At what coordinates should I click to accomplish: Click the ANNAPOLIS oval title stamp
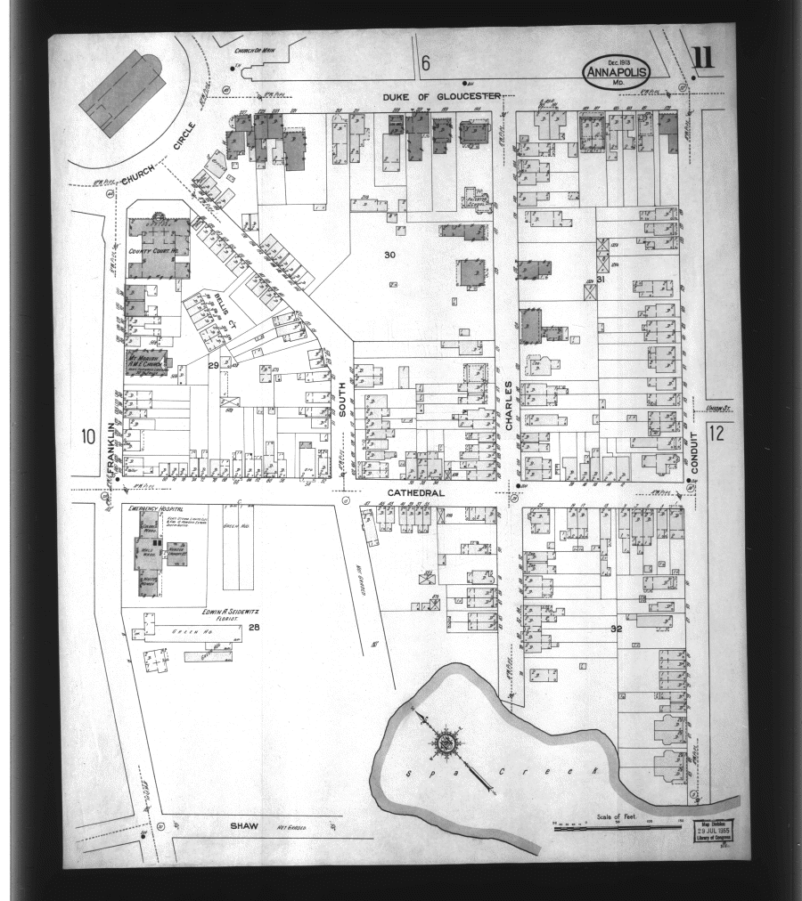click(x=618, y=69)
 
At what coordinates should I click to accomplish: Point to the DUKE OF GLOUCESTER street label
click(x=442, y=96)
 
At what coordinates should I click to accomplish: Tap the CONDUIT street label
click(x=695, y=453)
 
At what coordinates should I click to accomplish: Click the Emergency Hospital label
click(x=149, y=508)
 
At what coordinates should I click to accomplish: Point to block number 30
click(x=389, y=255)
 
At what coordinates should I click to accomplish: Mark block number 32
click(x=616, y=629)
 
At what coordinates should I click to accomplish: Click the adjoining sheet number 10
click(x=87, y=436)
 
